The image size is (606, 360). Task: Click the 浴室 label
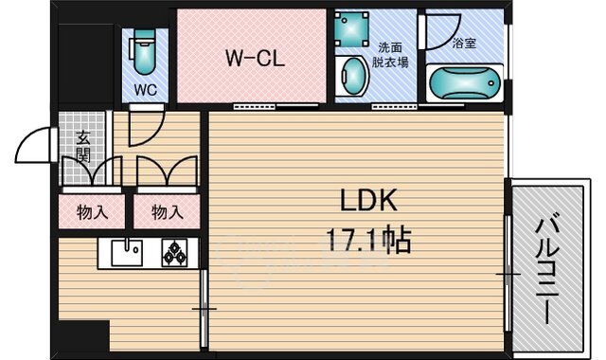point(464,43)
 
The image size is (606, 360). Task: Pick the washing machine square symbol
point(355,29)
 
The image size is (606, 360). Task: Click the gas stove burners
point(175,254)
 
